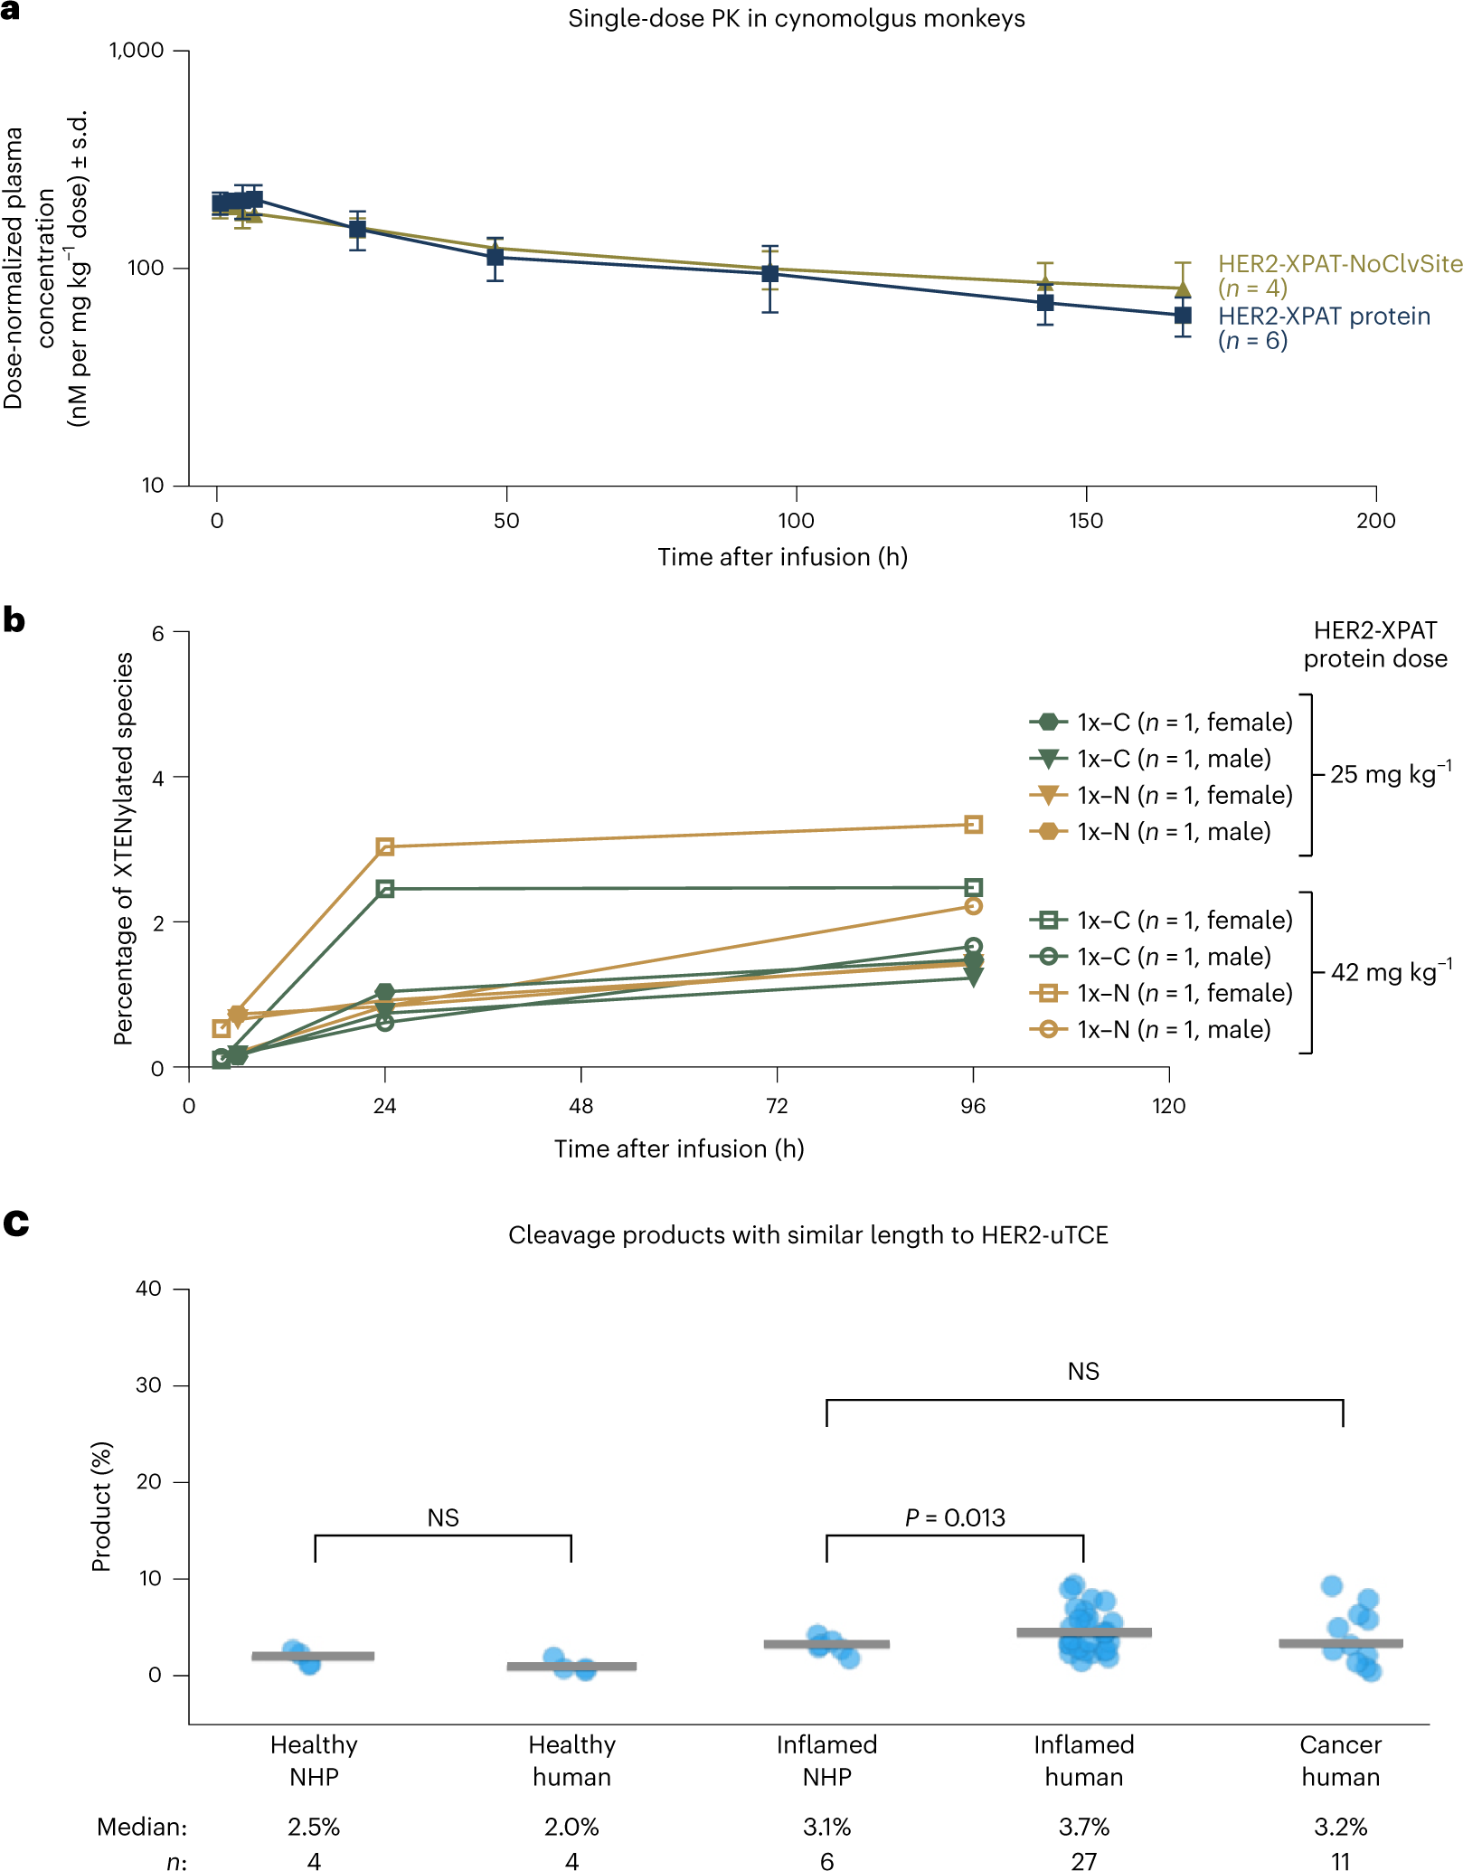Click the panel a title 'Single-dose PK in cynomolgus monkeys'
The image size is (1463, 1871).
(x=796, y=19)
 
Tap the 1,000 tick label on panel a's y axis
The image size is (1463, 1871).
(x=137, y=51)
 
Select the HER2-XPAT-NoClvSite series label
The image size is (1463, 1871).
(x=1339, y=264)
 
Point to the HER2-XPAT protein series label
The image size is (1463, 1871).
(x=1324, y=317)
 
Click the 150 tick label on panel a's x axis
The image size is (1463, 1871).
(x=1085, y=521)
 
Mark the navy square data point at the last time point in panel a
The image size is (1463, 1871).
(x=1182, y=316)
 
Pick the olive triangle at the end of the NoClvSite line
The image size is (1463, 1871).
(x=1182, y=288)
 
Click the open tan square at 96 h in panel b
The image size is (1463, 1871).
(x=973, y=825)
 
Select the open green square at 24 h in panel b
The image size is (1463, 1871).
(x=385, y=889)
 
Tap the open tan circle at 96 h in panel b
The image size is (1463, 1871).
(x=973, y=906)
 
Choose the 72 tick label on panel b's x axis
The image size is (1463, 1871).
(x=777, y=1106)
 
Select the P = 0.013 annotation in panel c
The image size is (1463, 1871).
(x=955, y=1517)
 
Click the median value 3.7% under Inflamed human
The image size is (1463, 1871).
(x=1083, y=1827)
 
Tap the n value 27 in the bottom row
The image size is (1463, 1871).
(x=1083, y=1861)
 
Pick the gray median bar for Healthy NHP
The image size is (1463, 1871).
(x=313, y=1656)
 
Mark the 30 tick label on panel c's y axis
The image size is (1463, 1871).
(x=148, y=1385)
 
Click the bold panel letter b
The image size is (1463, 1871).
(x=14, y=620)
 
